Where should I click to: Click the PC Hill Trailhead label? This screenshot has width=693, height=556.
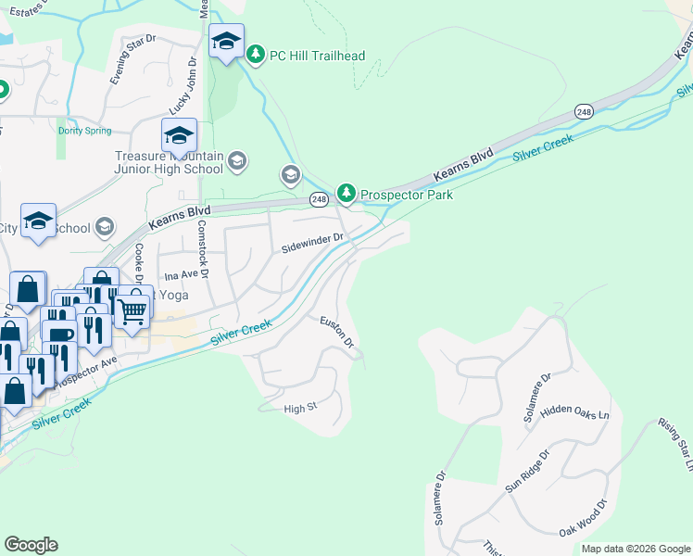(317, 56)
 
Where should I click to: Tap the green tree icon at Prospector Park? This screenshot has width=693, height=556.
(346, 193)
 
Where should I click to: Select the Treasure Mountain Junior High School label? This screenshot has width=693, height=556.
(168, 163)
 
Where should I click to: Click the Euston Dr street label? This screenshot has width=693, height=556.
(337, 333)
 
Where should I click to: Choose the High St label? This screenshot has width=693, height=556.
(300, 408)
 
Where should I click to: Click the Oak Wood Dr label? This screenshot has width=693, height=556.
(583, 519)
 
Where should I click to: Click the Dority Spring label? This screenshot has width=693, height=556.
(84, 131)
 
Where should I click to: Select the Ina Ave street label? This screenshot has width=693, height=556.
(182, 276)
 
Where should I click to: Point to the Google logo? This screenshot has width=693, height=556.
(31, 545)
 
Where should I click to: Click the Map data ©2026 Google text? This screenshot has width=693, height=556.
(636, 549)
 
